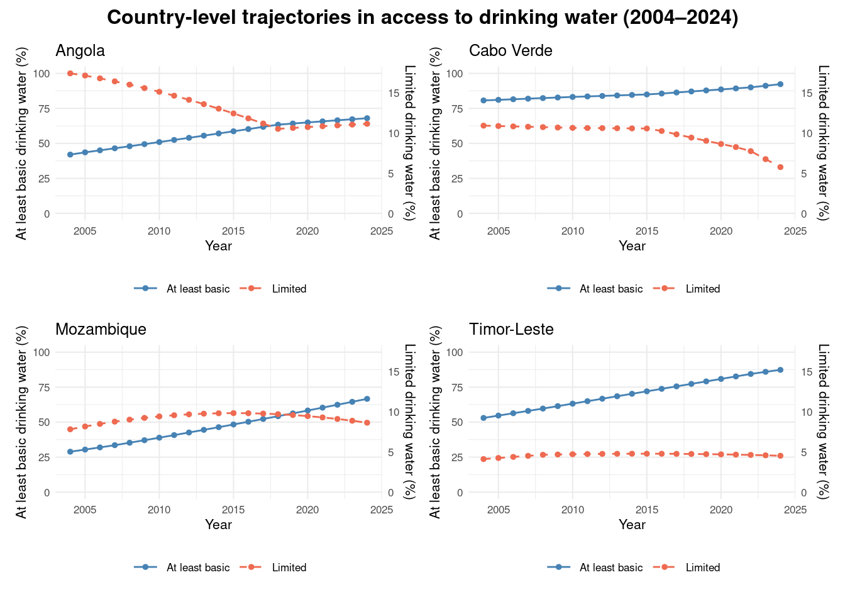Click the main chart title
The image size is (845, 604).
click(422, 18)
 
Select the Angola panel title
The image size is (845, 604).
click(80, 50)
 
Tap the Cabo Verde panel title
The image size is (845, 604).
click(511, 50)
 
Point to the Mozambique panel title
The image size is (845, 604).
click(101, 329)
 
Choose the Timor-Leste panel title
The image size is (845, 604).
click(511, 329)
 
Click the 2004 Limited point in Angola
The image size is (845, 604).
click(70, 74)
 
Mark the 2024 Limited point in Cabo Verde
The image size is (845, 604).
click(780, 167)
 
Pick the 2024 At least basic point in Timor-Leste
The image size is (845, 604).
click(780, 370)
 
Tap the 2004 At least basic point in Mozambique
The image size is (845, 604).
click(70, 452)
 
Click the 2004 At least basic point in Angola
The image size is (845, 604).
click(70, 155)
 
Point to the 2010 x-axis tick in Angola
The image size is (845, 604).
click(159, 231)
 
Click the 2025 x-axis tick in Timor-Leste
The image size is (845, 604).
click(795, 510)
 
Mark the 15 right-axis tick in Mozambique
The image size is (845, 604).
click(394, 372)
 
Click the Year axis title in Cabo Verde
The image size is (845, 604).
click(632, 246)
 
